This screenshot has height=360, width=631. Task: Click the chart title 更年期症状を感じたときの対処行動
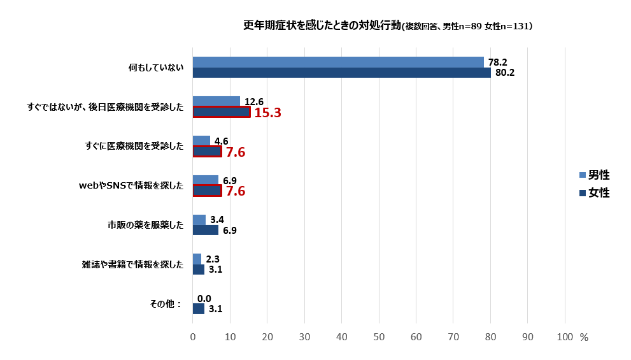coord(322,26)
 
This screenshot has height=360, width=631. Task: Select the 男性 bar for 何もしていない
coord(338,62)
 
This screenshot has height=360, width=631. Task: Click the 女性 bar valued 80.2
coord(341,73)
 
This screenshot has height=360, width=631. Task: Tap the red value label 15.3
coord(267,113)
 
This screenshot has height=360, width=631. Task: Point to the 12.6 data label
coord(253,101)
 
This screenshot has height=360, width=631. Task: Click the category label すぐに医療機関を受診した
coord(134,147)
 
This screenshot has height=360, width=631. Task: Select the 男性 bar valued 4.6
coord(201,141)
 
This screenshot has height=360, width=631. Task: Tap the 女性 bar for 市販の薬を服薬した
coord(206,230)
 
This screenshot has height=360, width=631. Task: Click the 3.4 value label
coord(216,220)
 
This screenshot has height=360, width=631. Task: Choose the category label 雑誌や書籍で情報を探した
coord(132,264)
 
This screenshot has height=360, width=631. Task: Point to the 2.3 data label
coord(212,259)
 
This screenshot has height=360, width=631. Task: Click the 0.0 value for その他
coord(204,298)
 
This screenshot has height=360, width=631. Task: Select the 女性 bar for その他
coord(199,309)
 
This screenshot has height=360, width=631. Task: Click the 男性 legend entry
coord(594,175)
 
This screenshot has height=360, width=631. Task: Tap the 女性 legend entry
coord(594,192)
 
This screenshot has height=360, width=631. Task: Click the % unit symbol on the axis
coord(583,338)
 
